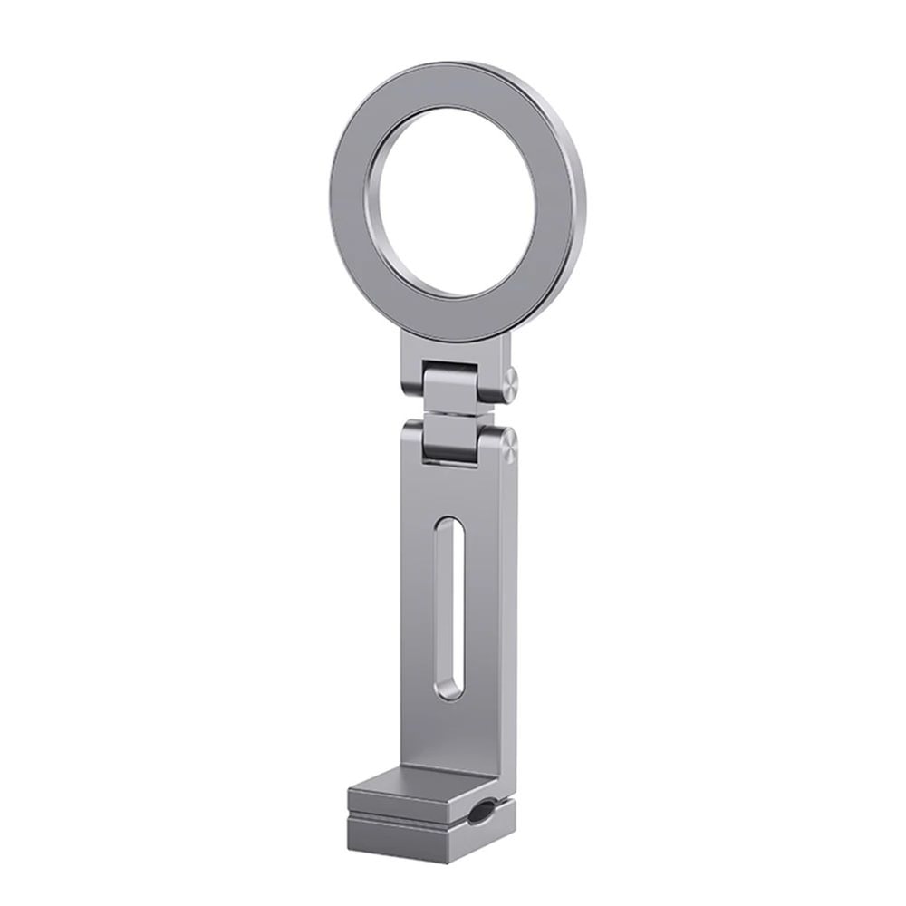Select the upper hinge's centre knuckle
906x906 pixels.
click(459, 385)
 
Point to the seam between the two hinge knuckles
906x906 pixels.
click(460, 414)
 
